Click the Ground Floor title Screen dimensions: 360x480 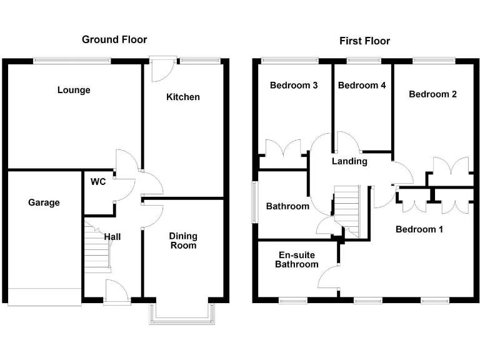point(114,40)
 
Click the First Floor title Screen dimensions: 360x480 point(364,41)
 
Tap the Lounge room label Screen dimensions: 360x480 point(74,90)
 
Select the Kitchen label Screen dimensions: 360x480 point(182,97)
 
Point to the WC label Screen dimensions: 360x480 point(97,182)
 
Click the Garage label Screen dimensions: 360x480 point(44,202)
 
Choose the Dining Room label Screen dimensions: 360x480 point(183,241)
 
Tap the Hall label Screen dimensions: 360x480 point(112,237)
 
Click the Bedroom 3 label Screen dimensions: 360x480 point(294,85)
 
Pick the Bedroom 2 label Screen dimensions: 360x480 point(432,94)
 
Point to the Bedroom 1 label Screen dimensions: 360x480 point(419,229)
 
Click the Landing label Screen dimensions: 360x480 point(349,161)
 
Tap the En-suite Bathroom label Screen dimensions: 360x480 point(298,259)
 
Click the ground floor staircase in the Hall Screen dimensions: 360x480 point(97,247)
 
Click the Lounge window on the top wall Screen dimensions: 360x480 point(72,61)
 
